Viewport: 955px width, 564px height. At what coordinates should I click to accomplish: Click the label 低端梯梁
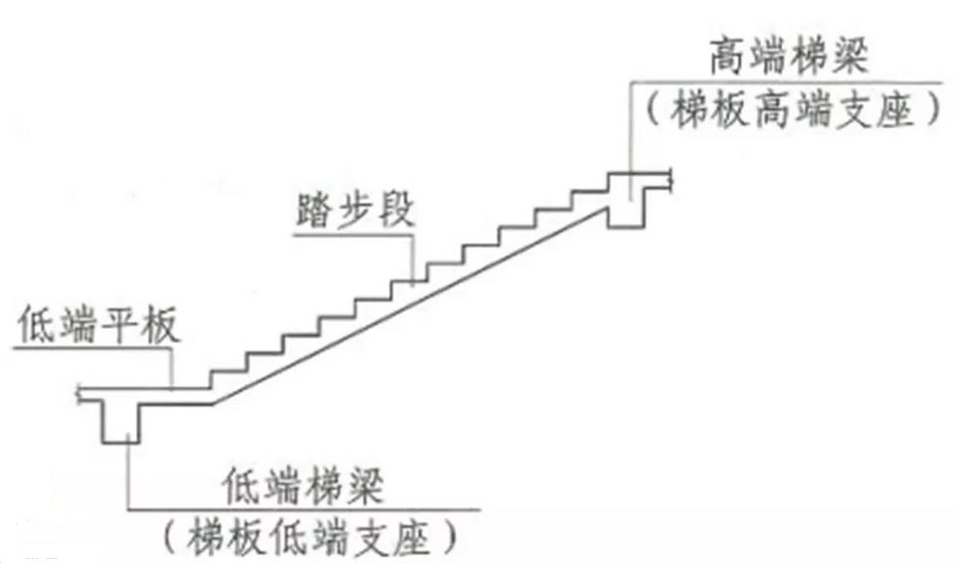coord(306,488)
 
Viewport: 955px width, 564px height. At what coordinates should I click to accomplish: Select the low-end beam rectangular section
coord(120,420)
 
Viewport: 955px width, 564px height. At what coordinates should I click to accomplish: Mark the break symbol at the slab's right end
coord(675,180)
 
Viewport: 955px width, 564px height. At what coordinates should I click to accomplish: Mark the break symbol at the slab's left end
coord(79,395)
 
